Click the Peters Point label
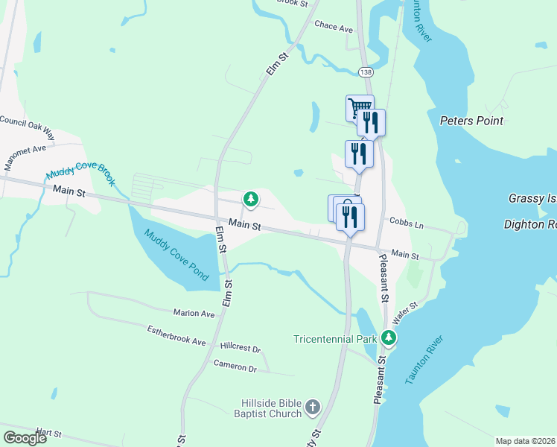tap(471, 121)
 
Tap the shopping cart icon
tap(359, 107)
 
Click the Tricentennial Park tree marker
tap(388, 339)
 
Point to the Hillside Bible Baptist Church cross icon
tap(313, 408)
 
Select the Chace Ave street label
tap(334, 26)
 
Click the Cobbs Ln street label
tap(406, 223)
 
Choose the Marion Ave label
tap(194, 314)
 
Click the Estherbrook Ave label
tap(176, 335)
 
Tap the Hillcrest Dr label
tap(241, 348)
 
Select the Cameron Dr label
tap(235, 367)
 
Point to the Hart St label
tap(48, 432)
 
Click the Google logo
tap(25, 438)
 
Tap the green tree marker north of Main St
tap(251, 199)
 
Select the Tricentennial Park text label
tap(335, 339)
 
